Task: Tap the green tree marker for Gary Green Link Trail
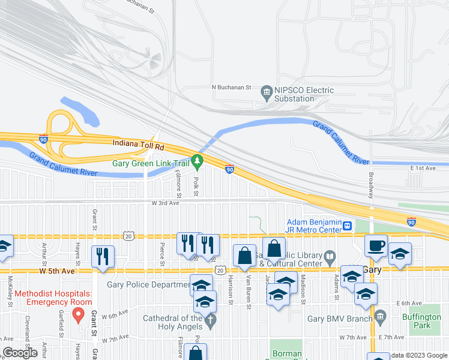point(197,162)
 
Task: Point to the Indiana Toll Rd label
point(137,145)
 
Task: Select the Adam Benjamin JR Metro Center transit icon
point(347,226)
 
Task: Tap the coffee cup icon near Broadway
point(376,245)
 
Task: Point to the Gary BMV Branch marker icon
point(380,315)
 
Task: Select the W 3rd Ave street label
point(165,203)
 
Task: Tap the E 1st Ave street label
point(424,169)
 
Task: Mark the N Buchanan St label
point(231,87)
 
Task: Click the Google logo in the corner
point(21,353)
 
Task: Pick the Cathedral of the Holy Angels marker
point(209,322)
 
